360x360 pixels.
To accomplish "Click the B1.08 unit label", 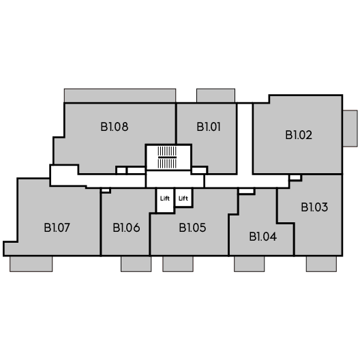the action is tap(115, 127).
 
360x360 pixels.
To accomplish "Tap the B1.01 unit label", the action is tap(209, 127).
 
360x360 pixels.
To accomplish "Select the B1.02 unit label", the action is tap(299, 135).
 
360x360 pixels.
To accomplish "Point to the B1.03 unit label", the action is tap(314, 207).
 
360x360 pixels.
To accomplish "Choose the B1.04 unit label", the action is tap(263, 237).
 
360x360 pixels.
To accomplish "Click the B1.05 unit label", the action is tap(192, 228).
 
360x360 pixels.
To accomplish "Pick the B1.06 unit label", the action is tap(126, 228).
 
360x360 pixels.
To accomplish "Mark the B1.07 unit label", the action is tap(57, 228).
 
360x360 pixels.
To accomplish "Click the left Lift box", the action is tap(165, 200).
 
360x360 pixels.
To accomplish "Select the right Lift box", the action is tap(183, 198).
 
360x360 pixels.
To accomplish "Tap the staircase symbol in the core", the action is tap(167, 157).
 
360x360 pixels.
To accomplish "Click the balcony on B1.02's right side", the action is tap(350, 128).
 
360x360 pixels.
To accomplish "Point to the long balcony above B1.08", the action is tap(120, 95).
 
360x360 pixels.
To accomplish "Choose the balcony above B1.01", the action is tap(215, 95).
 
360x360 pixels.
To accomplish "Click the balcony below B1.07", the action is tap(31, 264).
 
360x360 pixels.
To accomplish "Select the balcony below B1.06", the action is tap(136, 264).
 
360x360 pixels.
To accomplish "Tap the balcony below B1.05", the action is tap(178, 264).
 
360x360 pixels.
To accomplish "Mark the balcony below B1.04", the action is tap(249, 264).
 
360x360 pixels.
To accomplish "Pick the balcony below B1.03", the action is tap(321, 264).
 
